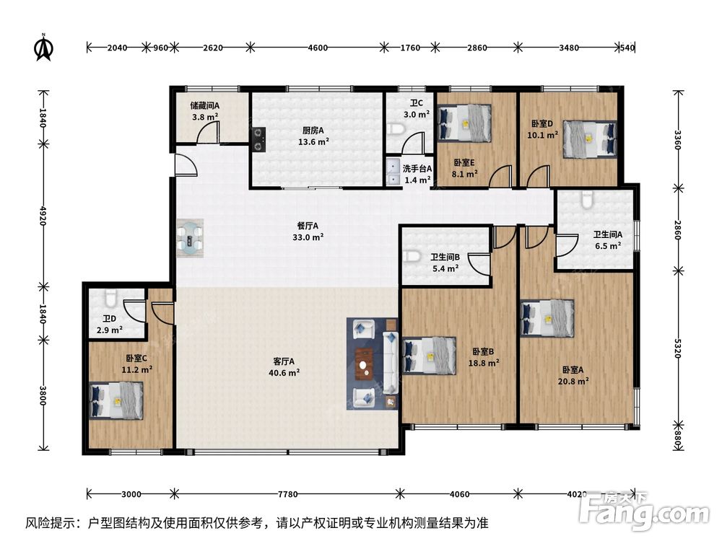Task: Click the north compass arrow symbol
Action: (x=45, y=47)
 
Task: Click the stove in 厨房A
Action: (x=258, y=138)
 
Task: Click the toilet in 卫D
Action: (x=110, y=299)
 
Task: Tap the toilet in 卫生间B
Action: (x=412, y=256)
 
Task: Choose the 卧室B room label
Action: (x=482, y=351)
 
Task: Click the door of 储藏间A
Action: (x=209, y=131)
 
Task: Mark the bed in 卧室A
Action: (x=547, y=318)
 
